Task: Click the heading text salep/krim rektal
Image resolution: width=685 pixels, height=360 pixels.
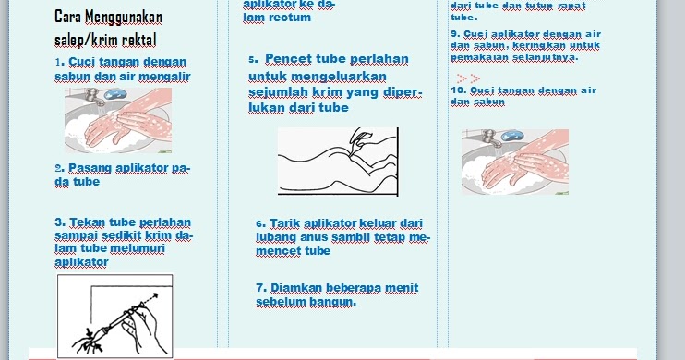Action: tap(105, 41)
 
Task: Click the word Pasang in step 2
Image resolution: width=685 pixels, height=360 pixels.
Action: tap(86, 168)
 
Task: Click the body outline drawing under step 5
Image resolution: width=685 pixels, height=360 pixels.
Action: tap(338, 162)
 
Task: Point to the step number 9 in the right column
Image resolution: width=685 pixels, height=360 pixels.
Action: tap(454, 34)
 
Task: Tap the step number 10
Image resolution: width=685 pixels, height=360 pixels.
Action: tap(457, 90)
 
